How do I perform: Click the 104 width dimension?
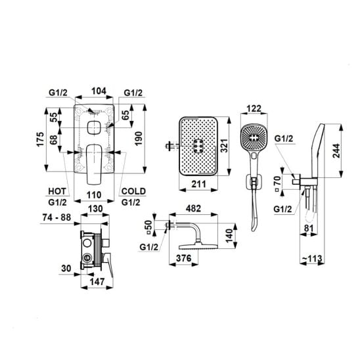click(99, 91)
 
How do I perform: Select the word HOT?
click(57, 191)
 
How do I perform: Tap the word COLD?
click(133, 191)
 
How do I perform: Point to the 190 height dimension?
click(139, 139)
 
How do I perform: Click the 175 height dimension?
click(39, 139)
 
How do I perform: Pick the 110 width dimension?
click(94, 195)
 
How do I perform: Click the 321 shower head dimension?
click(224, 146)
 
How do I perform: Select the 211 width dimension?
click(198, 184)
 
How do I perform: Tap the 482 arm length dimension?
click(194, 208)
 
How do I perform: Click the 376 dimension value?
click(184, 258)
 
